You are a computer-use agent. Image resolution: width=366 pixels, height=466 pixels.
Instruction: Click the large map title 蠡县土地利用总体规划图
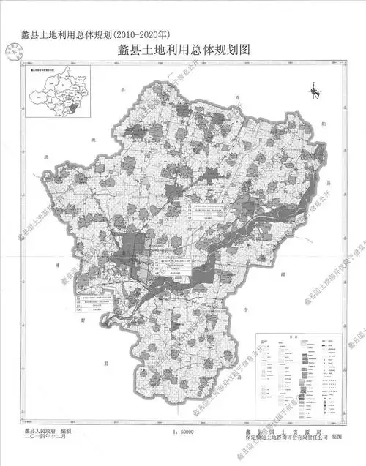point(189,51)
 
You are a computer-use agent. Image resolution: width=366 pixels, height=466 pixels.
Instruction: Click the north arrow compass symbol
point(313,92)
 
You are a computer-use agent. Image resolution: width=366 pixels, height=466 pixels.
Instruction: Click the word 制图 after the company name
point(337,441)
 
